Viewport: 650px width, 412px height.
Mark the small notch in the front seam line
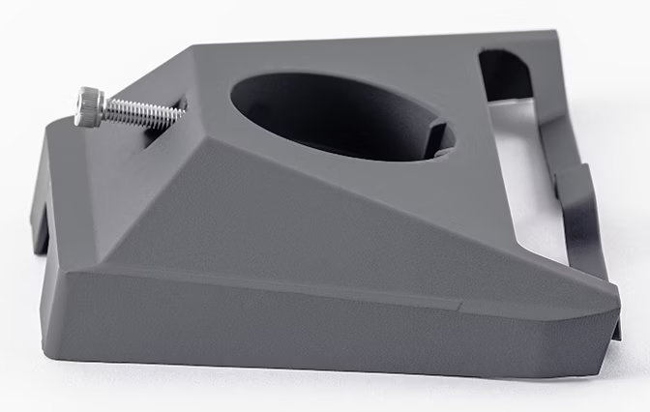pos(458,308)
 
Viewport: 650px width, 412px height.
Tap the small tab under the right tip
pos(615,329)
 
